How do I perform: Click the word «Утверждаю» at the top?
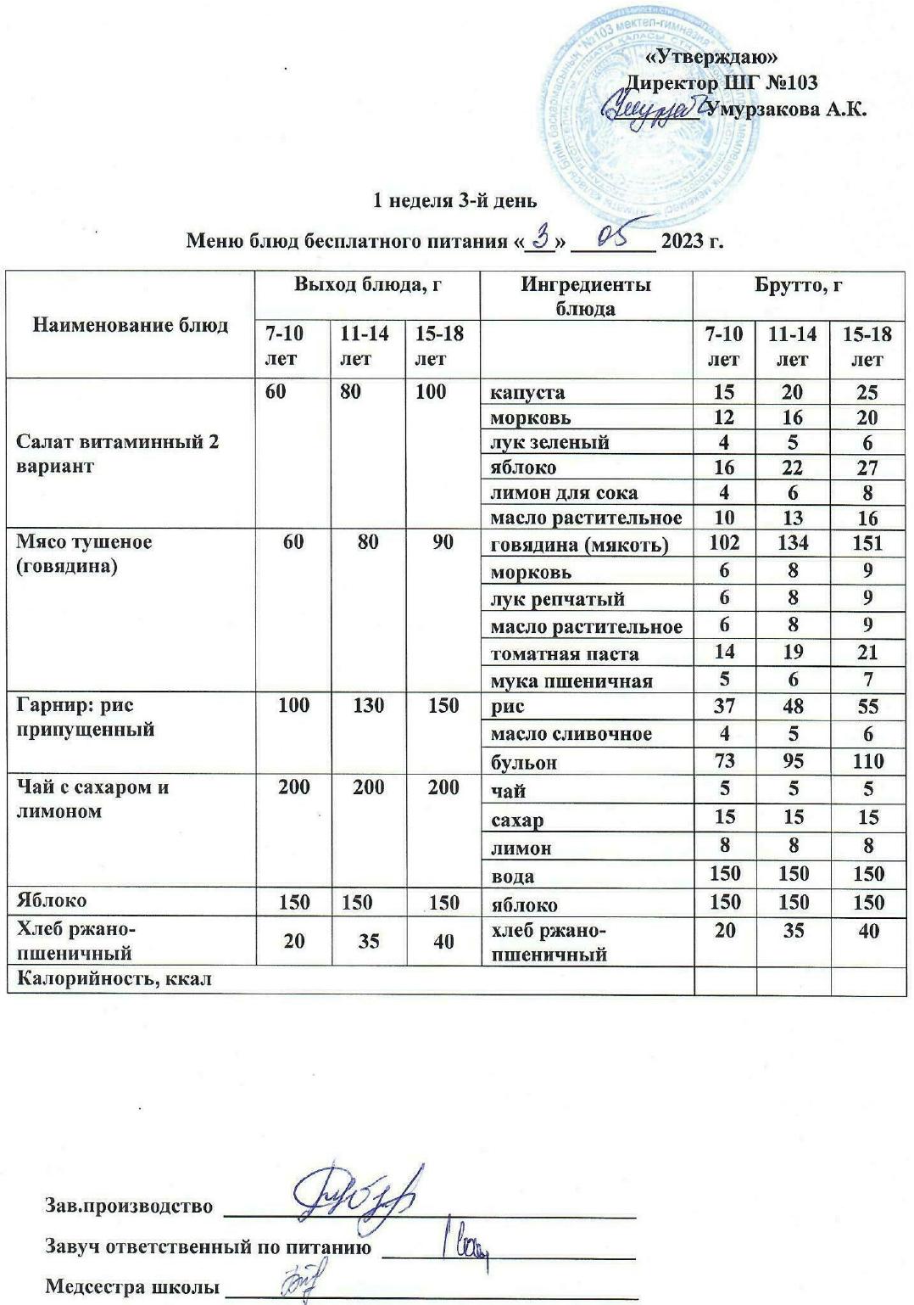(x=711, y=58)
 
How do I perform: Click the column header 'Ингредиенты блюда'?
(x=585, y=295)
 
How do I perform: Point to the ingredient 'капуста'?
(x=527, y=392)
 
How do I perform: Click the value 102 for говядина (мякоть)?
(x=724, y=543)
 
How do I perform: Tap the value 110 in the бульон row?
(x=868, y=761)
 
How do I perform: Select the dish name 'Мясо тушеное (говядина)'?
(x=84, y=553)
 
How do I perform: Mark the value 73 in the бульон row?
(x=724, y=761)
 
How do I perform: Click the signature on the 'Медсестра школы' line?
(x=298, y=1280)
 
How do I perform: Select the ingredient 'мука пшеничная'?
(x=571, y=681)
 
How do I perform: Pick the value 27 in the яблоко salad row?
(x=867, y=468)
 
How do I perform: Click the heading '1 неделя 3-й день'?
(x=455, y=201)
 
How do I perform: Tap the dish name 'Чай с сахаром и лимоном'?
(x=93, y=798)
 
